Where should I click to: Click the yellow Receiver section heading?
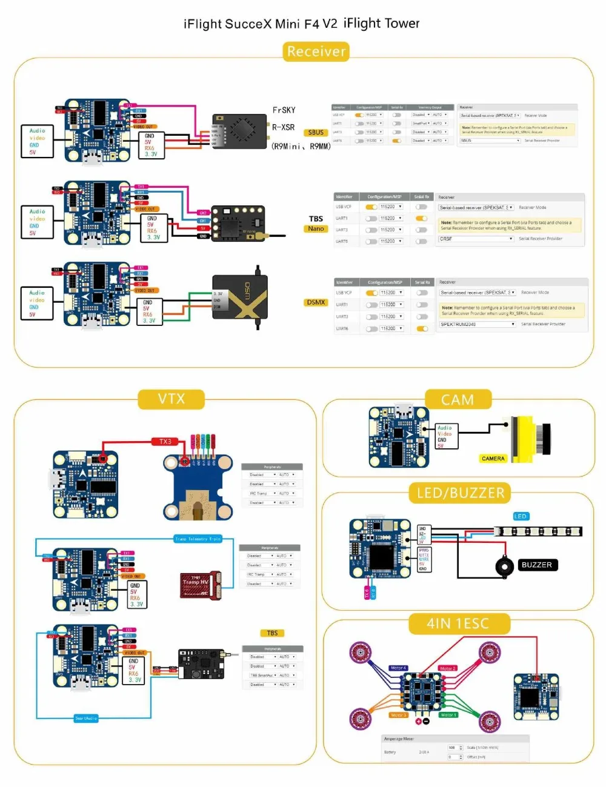pyautogui.click(x=316, y=51)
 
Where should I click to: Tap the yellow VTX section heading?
pyautogui.click(x=171, y=399)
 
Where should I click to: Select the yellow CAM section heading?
pyautogui.click(x=458, y=400)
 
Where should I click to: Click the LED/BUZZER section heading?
pyautogui.click(x=460, y=493)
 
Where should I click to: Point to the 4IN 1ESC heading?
pyautogui.click(x=458, y=623)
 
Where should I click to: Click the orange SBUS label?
pyautogui.click(x=316, y=133)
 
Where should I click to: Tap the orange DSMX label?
pyautogui.click(x=316, y=302)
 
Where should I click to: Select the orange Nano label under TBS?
pyautogui.click(x=316, y=229)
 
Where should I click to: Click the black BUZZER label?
pyautogui.click(x=536, y=565)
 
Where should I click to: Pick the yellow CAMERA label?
pyautogui.click(x=493, y=459)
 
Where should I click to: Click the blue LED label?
pyautogui.click(x=521, y=516)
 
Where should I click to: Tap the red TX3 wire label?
pyautogui.click(x=165, y=442)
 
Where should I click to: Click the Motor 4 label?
pyautogui.click(x=398, y=668)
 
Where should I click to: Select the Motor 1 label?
pyautogui.click(x=448, y=715)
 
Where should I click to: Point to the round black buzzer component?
pyautogui.click(x=504, y=567)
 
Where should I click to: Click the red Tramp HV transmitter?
pyautogui.click(x=199, y=584)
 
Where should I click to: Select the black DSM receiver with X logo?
pyautogui.click(x=240, y=296)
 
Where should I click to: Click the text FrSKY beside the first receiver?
pyautogui.click(x=284, y=110)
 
